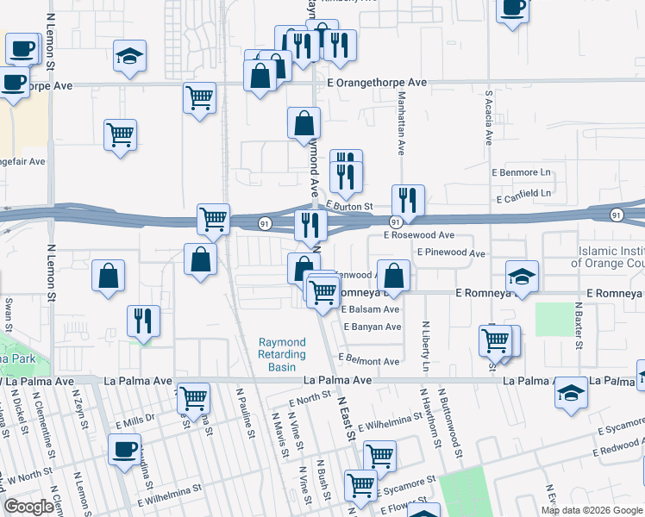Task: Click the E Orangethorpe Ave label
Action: click(x=377, y=83)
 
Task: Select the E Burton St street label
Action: click(x=349, y=207)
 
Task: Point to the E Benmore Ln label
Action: click(x=521, y=172)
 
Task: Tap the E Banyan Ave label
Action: click(x=373, y=327)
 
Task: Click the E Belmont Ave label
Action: click(x=368, y=361)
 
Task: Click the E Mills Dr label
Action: click(x=135, y=423)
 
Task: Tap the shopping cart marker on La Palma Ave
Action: click(x=194, y=397)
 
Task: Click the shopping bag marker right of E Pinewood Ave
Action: click(x=393, y=276)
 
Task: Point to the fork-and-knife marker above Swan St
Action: click(x=143, y=321)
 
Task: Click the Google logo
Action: click(x=29, y=507)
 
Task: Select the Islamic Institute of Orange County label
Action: click(x=611, y=256)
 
